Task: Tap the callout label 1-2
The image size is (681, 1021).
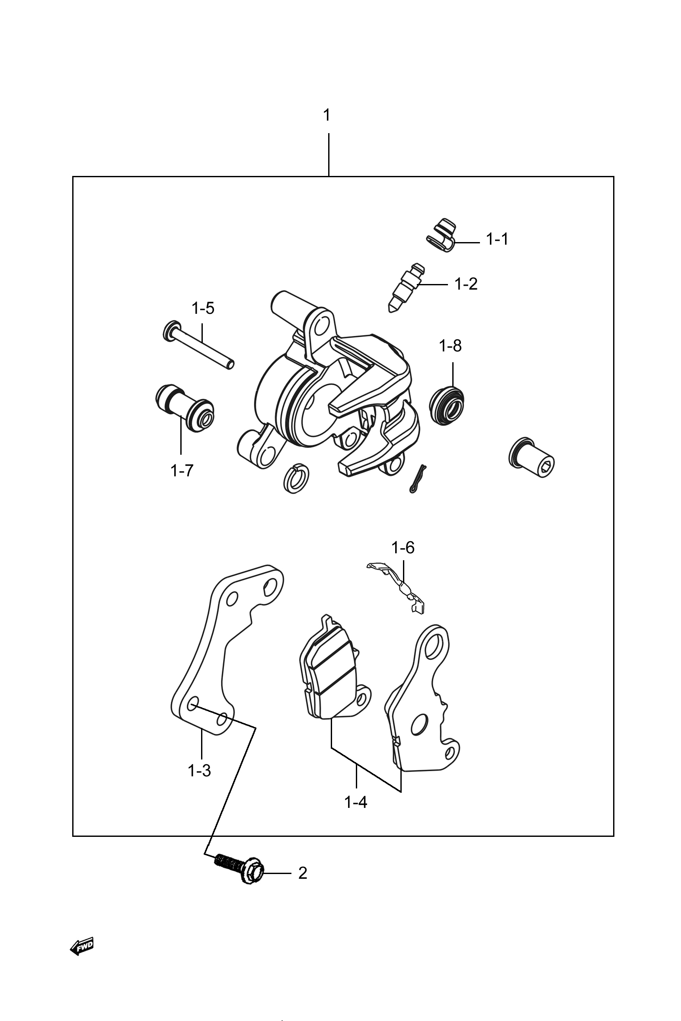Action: pos(466,284)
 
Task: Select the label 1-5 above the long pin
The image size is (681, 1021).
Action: pos(203,309)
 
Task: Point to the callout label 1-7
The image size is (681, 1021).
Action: pos(182,470)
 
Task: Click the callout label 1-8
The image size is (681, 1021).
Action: pos(451,346)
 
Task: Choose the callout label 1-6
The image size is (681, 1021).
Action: pos(403,548)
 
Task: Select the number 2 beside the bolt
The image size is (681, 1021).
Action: pos(303,873)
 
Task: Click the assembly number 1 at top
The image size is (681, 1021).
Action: pos(327,115)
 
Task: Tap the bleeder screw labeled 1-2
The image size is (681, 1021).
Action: pos(404,288)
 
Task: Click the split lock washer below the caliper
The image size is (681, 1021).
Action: pos(294,478)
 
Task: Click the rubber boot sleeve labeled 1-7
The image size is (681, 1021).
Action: pos(185,407)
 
